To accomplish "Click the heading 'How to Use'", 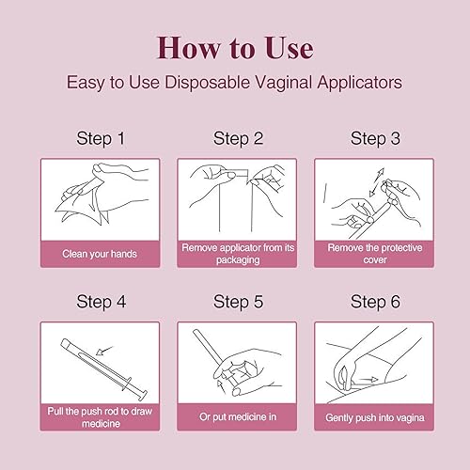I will click(235, 47).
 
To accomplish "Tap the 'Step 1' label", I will click(100, 139).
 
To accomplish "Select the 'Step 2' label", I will click(238, 139).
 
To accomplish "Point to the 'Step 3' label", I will click(375, 139).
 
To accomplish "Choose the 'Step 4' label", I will click(100, 302).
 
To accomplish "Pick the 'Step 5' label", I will click(238, 302).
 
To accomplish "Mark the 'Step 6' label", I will click(375, 302).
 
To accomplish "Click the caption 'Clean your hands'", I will click(100, 253).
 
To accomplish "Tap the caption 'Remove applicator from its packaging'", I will click(238, 253).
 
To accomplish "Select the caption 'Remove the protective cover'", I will click(375, 253).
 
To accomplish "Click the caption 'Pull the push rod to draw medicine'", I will click(100, 415).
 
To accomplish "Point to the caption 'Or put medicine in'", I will click(238, 415).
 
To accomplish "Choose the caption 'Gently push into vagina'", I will click(375, 415).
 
